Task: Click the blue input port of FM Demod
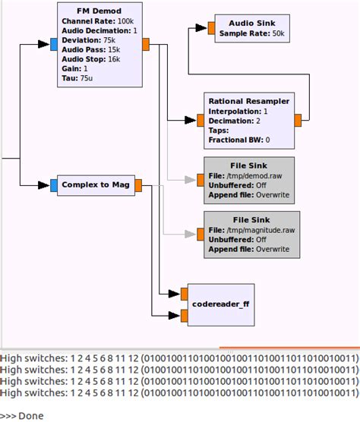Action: [x=53, y=43]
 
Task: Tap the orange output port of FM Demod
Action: [x=147, y=43]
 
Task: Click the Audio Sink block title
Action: [x=251, y=23]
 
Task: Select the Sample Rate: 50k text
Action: [x=251, y=33]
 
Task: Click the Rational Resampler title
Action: [x=249, y=100]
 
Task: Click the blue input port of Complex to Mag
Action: [x=53, y=184]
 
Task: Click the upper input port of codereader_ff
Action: [x=184, y=293]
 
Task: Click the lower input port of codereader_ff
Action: [x=184, y=314]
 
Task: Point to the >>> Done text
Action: [x=22, y=415]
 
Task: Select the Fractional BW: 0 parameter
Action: [x=239, y=140]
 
